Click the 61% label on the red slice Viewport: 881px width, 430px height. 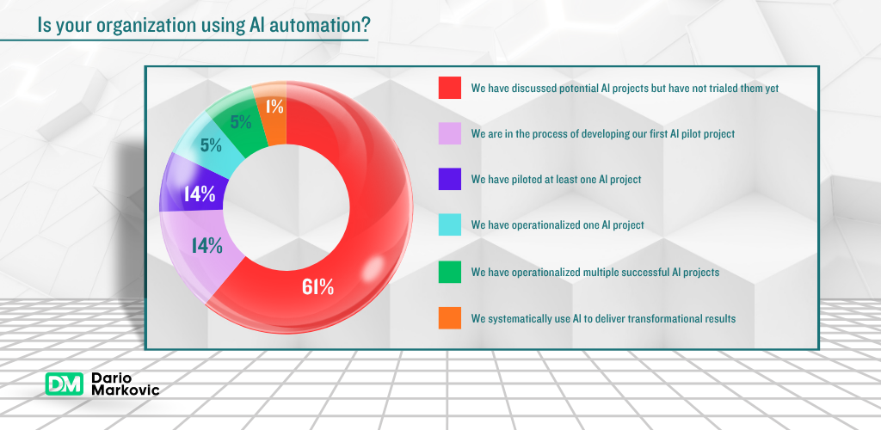coord(317,287)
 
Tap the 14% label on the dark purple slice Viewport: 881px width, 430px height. coord(199,194)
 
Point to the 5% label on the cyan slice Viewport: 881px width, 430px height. coord(212,144)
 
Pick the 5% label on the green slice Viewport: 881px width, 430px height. coord(241,121)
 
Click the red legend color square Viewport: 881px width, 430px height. coord(450,88)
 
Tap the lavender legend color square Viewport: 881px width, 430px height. coord(450,134)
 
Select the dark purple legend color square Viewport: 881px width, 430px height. coord(450,180)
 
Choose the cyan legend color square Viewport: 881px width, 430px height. coord(450,225)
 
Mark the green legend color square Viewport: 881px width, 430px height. coord(450,272)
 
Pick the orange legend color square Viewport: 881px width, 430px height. coord(450,318)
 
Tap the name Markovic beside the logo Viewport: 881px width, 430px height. coord(125,391)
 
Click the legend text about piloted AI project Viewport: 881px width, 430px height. coord(568,180)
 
